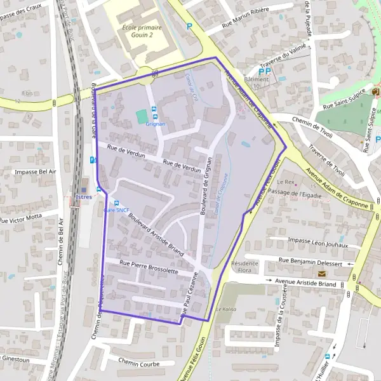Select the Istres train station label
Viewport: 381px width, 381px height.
click(x=84, y=197)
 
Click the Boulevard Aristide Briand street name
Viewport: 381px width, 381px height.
click(x=156, y=234)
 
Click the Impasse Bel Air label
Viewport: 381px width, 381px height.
click(x=36, y=171)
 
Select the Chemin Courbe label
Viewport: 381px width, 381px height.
click(x=138, y=363)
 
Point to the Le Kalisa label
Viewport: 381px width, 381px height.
click(x=225, y=309)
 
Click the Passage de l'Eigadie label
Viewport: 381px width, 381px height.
click(x=295, y=192)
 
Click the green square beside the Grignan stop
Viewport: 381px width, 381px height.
click(x=141, y=117)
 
